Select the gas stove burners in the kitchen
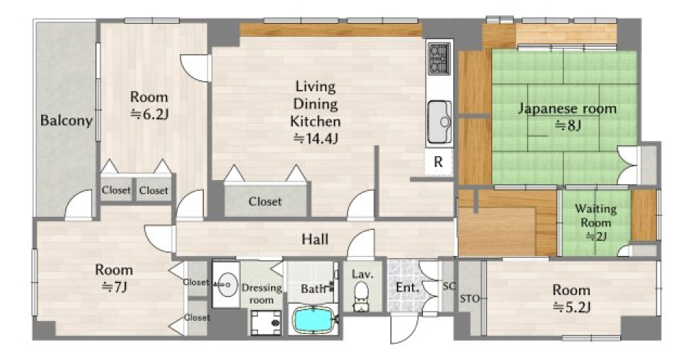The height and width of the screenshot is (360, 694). (x=439, y=59)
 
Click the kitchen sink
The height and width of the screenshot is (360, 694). (x=440, y=121)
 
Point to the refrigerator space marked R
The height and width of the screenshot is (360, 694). (x=438, y=162)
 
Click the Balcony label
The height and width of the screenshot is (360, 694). (x=67, y=121)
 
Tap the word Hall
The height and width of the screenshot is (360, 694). (x=314, y=239)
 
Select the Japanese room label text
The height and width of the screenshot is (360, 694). (x=567, y=108)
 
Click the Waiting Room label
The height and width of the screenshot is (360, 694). (x=596, y=215)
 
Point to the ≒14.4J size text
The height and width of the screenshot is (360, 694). (x=316, y=139)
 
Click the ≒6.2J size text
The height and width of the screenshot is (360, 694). (x=149, y=115)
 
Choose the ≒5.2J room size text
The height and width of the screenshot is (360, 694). (x=571, y=307)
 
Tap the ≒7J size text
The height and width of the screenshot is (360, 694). (x=113, y=287)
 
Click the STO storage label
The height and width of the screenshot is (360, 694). (x=470, y=299)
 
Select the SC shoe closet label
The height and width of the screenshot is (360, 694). (x=449, y=286)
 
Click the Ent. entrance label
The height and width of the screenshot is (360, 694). (x=407, y=288)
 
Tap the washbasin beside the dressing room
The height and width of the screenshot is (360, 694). (x=226, y=285)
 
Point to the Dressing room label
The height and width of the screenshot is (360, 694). (x=262, y=293)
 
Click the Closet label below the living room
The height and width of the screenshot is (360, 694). (x=265, y=202)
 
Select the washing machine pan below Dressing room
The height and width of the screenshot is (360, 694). (x=265, y=323)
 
